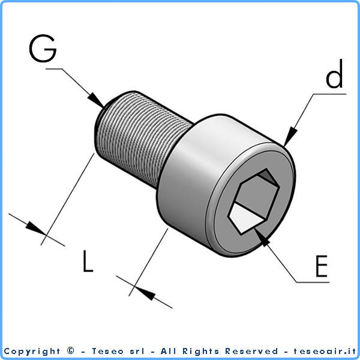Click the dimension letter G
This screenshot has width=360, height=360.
[x=43, y=49]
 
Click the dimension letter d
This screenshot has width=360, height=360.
[x=334, y=73]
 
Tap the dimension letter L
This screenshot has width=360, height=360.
[x=88, y=261]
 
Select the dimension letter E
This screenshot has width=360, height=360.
[x=322, y=266]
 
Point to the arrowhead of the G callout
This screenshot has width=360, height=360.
[x=97, y=100]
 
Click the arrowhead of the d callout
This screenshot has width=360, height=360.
[x=290, y=137]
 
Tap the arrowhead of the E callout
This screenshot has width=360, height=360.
[x=262, y=238]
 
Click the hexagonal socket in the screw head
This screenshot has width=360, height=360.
[x=254, y=202]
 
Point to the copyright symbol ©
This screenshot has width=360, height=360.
[x=71, y=350]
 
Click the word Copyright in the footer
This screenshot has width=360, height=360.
[x=32, y=351]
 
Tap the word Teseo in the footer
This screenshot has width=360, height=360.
[x=107, y=351]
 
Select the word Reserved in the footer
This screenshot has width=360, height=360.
[x=251, y=351]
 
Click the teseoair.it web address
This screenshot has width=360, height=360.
[x=325, y=351]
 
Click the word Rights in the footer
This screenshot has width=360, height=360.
[x=200, y=351]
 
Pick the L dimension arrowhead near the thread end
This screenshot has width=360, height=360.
[x=36, y=228]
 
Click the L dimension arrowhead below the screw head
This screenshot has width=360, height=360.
[x=145, y=293]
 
